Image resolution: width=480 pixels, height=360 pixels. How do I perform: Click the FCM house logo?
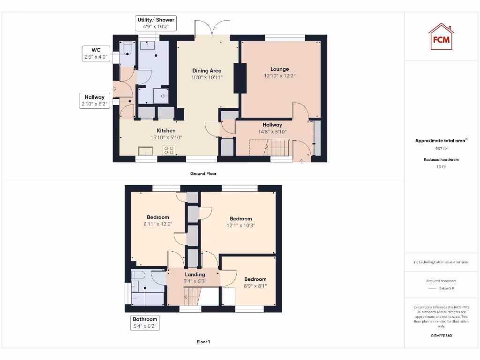click(x=441, y=37)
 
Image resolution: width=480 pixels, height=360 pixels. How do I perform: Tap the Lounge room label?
click(x=279, y=69)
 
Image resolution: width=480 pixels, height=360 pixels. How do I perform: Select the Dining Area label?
click(x=207, y=71)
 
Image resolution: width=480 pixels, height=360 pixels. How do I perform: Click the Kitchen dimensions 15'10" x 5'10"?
click(x=166, y=138)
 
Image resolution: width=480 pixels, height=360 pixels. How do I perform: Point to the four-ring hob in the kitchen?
click(x=169, y=150)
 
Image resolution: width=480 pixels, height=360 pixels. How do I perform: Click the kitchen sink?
click(x=145, y=150)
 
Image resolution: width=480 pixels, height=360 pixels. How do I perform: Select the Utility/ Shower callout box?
click(x=156, y=23)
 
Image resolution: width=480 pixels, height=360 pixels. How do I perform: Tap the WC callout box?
click(x=96, y=53)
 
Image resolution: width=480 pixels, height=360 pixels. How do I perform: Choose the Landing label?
click(x=195, y=274)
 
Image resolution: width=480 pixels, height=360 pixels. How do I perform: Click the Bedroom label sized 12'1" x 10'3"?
click(x=241, y=218)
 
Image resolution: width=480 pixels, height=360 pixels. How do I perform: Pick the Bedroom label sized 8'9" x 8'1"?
click(x=255, y=279)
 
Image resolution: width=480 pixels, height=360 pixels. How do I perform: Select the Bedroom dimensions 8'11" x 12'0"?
click(x=158, y=224)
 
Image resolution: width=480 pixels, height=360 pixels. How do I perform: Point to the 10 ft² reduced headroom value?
click(x=442, y=167)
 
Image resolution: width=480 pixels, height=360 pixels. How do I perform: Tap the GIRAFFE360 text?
click(x=442, y=336)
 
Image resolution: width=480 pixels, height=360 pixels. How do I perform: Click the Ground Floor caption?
click(x=203, y=173)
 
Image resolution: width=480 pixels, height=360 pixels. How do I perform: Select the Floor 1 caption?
click(x=203, y=342)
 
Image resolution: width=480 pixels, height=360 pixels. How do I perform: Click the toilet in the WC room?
click(x=127, y=48)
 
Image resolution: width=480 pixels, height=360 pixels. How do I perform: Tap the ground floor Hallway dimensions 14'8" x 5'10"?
click(x=272, y=132)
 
